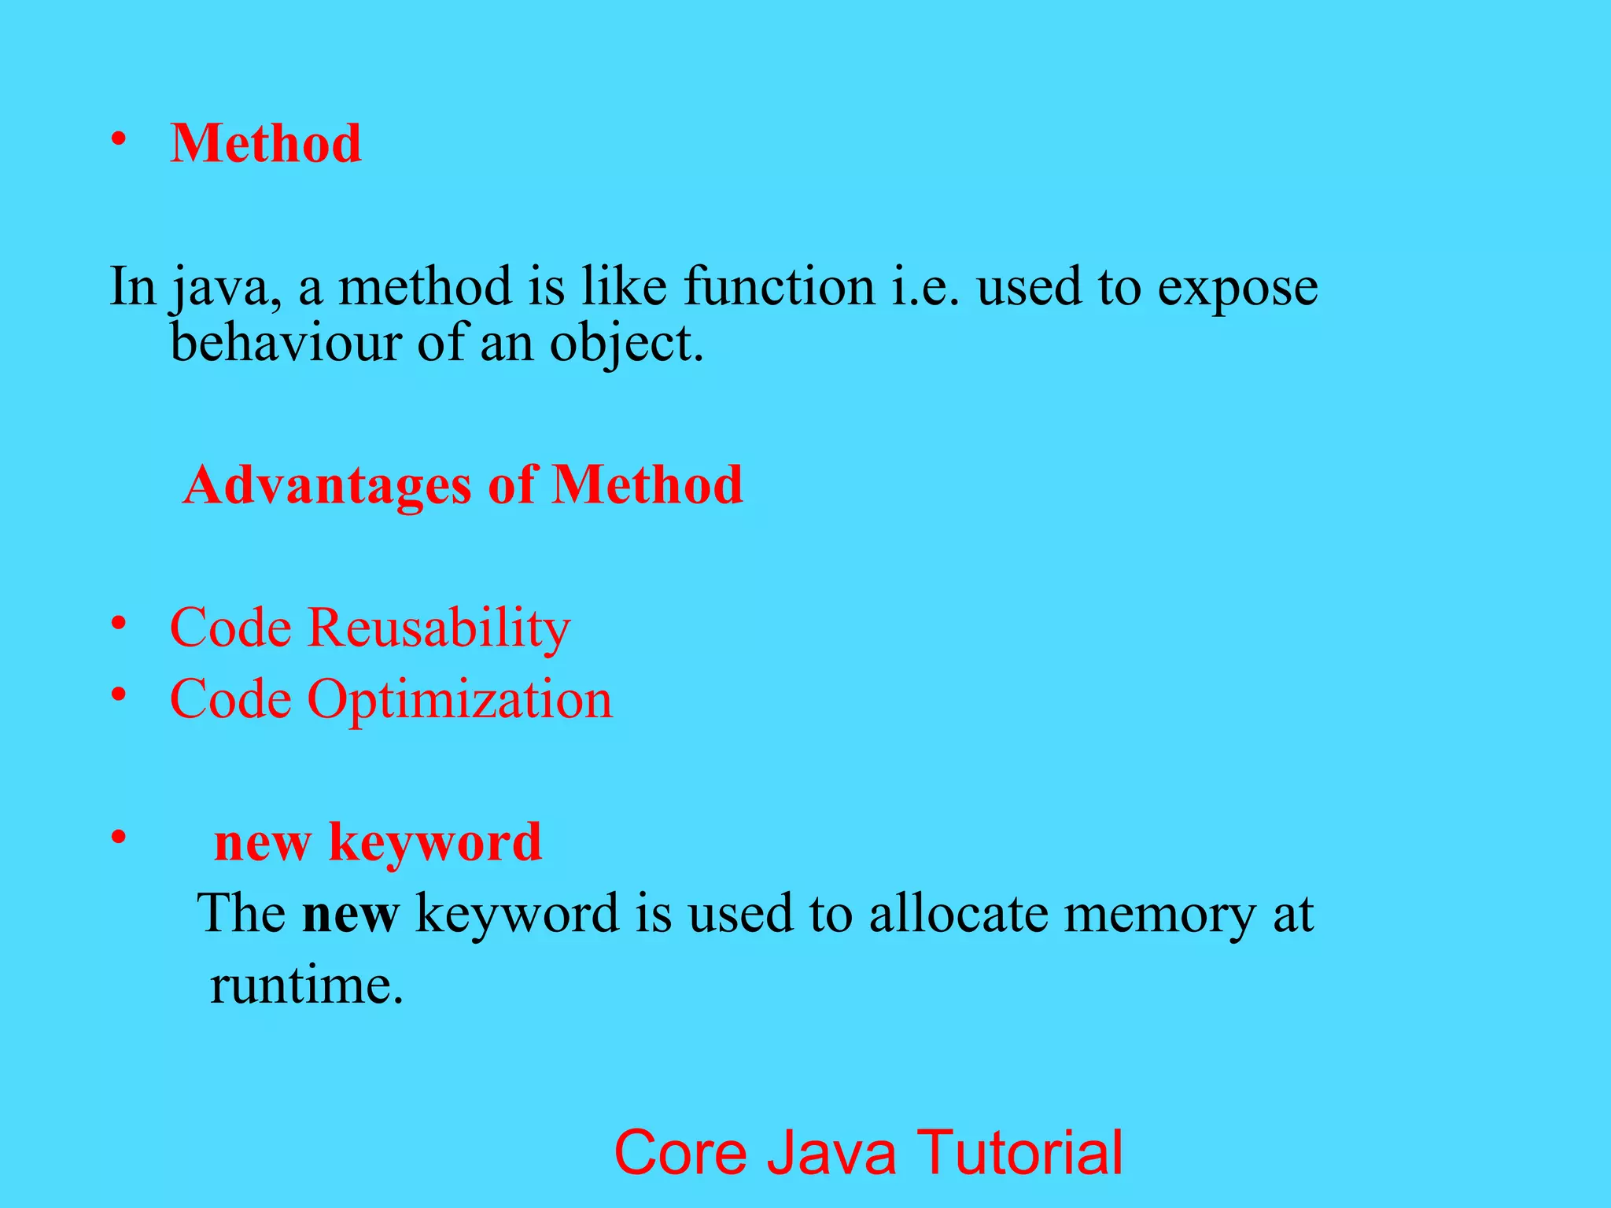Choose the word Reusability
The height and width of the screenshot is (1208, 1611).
click(x=438, y=629)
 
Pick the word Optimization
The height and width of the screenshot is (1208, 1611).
click(x=459, y=700)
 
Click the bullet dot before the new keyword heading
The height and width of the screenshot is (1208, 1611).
click(x=119, y=837)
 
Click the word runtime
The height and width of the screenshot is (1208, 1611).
click(x=306, y=985)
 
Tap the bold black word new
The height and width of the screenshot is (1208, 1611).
click(x=351, y=915)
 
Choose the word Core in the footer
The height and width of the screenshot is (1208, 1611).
click(x=680, y=1153)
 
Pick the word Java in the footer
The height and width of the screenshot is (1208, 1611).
click(x=831, y=1153)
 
